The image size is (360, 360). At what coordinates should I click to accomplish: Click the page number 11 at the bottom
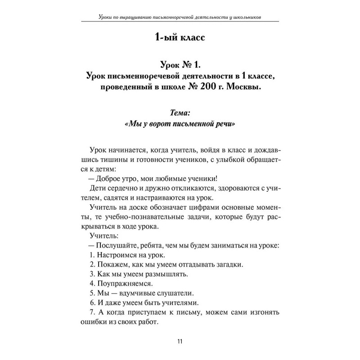click(180, 341)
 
